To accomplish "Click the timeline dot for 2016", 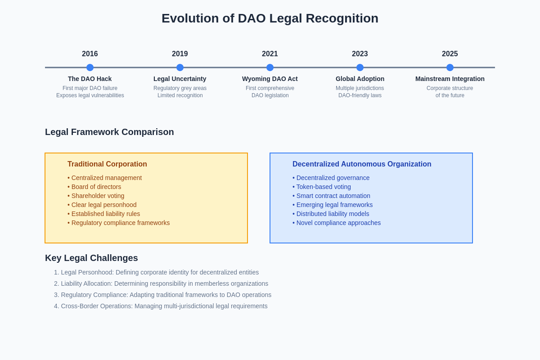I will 90,67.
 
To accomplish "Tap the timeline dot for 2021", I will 270,67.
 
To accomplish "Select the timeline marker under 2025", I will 450,67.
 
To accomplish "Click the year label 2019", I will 180,54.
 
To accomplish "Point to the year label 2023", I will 360,54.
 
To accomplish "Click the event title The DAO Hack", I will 90,79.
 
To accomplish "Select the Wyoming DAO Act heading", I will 270,79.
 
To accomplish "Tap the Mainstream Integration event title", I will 450,79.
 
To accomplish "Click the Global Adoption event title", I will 360,79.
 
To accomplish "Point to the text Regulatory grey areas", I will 180,88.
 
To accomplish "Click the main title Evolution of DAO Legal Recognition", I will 270,18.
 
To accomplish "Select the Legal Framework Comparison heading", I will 109,132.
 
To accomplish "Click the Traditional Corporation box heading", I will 107,164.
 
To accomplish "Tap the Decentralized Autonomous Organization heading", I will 362,164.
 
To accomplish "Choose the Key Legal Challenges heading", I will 91,258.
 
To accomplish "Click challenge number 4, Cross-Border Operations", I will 161,306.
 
